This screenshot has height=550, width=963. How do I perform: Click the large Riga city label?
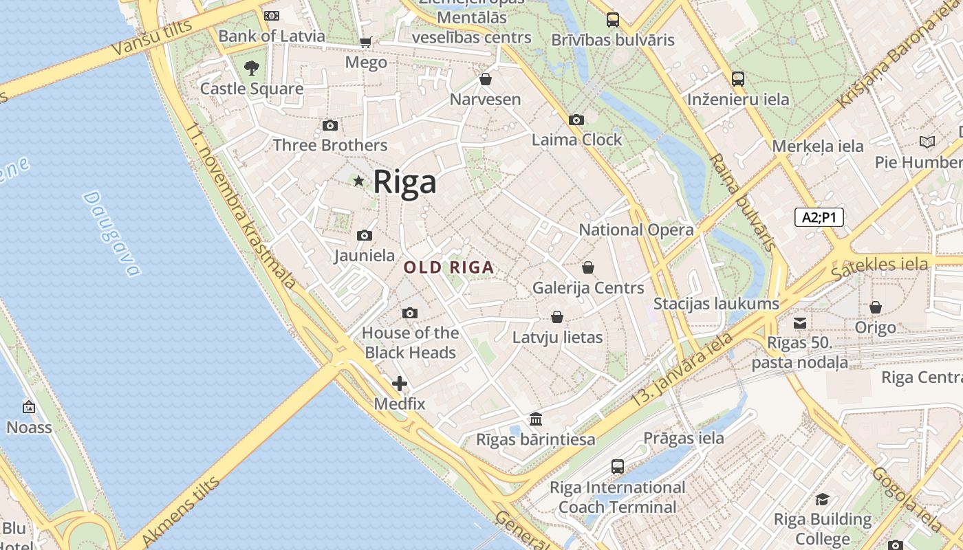click(404, 182)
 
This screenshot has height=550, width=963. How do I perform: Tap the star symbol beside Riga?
click(358, 181)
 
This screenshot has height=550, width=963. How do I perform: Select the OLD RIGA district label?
click(448, 267)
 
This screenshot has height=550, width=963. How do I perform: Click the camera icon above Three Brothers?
click(330, 125)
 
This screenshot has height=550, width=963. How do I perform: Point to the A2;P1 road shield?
click(819, 217)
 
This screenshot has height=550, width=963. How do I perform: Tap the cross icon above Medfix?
click(400, 384)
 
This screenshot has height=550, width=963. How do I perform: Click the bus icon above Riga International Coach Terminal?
click(618, 467)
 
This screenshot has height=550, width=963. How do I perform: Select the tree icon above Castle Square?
click(252, 67)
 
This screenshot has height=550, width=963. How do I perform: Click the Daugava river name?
click(111, 234)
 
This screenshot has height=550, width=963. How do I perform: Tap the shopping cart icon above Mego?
click(366, 43)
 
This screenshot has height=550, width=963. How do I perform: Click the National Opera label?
click(636, 230)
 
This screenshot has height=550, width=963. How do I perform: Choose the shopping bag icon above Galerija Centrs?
click(588, 267)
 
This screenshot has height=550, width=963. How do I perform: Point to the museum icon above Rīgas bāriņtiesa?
click(536, 419)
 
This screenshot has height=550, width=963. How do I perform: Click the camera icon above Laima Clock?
click(576, 120)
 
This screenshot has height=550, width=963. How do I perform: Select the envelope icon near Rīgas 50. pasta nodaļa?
click(800, 322)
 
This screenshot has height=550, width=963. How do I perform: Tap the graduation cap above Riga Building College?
click(822, 499)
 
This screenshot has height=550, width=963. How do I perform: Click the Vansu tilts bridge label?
click(143, 38)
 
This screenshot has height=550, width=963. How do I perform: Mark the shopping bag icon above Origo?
click(876, 307)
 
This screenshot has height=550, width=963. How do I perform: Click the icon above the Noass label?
click(29, 407)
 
